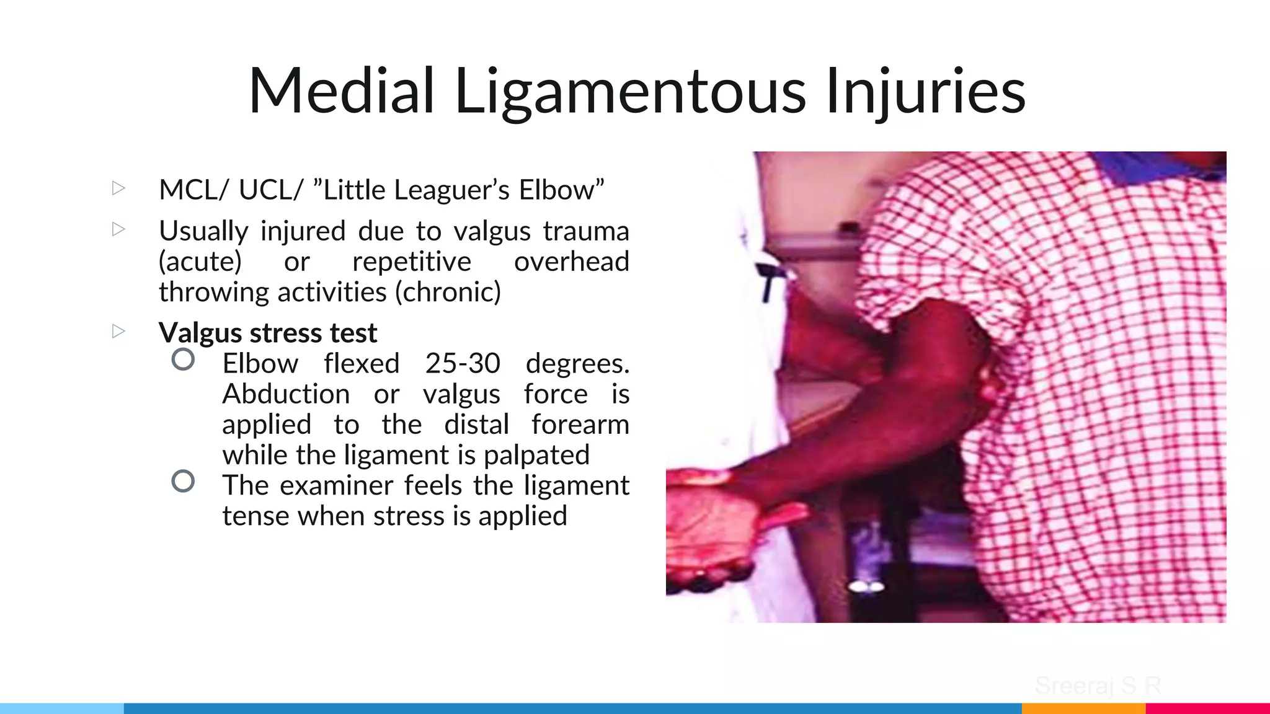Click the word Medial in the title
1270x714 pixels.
click(341, 91)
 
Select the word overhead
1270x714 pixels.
click(571, 262)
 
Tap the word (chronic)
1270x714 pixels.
click(448, 292)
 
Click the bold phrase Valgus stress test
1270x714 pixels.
click(268, 333)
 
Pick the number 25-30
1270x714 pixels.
click(463, 363)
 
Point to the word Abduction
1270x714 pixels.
click(286, 394)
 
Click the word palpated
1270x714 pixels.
click(536, 455)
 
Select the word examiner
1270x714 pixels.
click(336, 485)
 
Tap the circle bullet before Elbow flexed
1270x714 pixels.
click(183, 359)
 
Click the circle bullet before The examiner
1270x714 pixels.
click(183, 482)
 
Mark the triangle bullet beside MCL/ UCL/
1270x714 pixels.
click(118, 188)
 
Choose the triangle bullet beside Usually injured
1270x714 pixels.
click(118, 229)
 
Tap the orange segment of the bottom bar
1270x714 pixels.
click(1083, 708)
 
